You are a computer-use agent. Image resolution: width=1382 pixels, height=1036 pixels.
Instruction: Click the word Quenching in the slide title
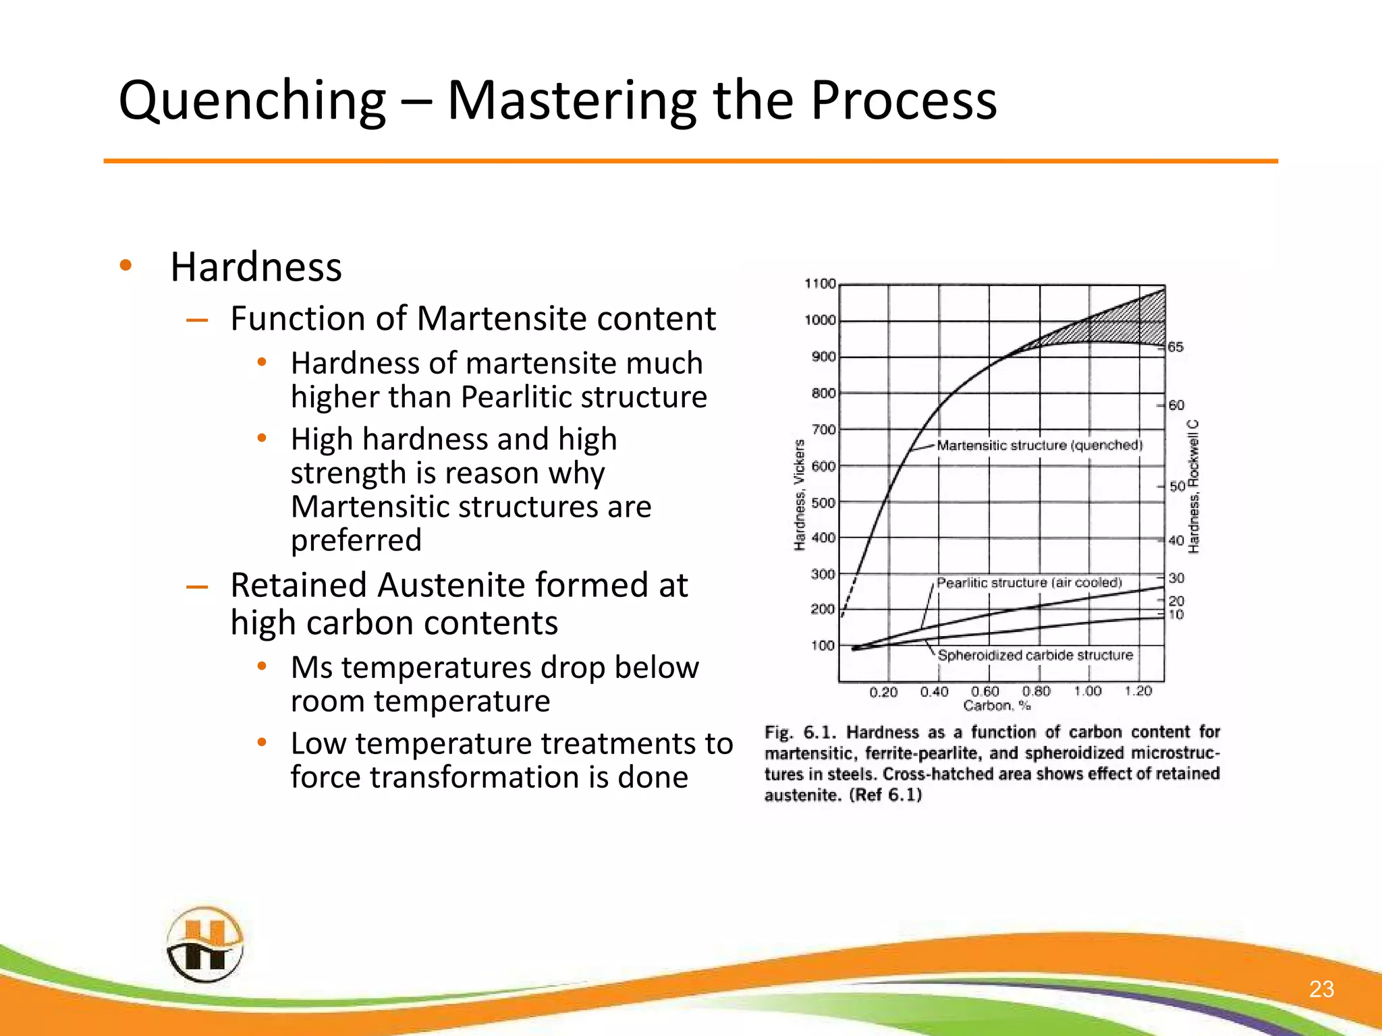click(x=252, y=101)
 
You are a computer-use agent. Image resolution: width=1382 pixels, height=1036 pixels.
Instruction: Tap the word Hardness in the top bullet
click(x=256, y=267)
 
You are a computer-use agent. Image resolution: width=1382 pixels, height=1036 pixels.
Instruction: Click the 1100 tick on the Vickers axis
click(x=820, y=284)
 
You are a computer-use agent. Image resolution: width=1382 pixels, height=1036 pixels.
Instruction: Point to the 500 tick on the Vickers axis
click(x=823, y=503)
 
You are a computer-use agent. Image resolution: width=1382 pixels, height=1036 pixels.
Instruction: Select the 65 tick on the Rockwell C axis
click(x=1176, y=347)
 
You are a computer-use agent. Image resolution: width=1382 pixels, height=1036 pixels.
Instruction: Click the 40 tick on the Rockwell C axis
click(x=1176, y=541)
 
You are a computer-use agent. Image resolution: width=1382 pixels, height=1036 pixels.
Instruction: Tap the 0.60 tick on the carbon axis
click(x=985, y=692)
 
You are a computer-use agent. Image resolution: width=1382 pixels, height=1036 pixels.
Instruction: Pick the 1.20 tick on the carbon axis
click(x=1138, y=691)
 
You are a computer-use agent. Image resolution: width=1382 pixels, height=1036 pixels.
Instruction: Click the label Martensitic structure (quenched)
click(x=1039, y=445)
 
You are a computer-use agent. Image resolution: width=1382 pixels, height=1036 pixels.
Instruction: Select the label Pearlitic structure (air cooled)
click(x=1029, y=583)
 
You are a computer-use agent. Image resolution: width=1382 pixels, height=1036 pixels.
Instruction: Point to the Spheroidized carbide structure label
click(x=1035, y=655)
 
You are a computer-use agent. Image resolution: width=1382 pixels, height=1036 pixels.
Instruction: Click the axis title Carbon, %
click(x=997, y=706)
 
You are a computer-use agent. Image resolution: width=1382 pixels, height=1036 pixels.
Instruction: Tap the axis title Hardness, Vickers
click(x=800, y=494)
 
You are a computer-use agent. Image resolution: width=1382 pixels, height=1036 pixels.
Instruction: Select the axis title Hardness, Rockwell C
click(x=1194, y=486)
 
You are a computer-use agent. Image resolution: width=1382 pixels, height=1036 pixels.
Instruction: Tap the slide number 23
click(x=1321, y=989)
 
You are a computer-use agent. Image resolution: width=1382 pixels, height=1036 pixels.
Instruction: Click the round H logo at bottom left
click(x=204, y=944)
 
